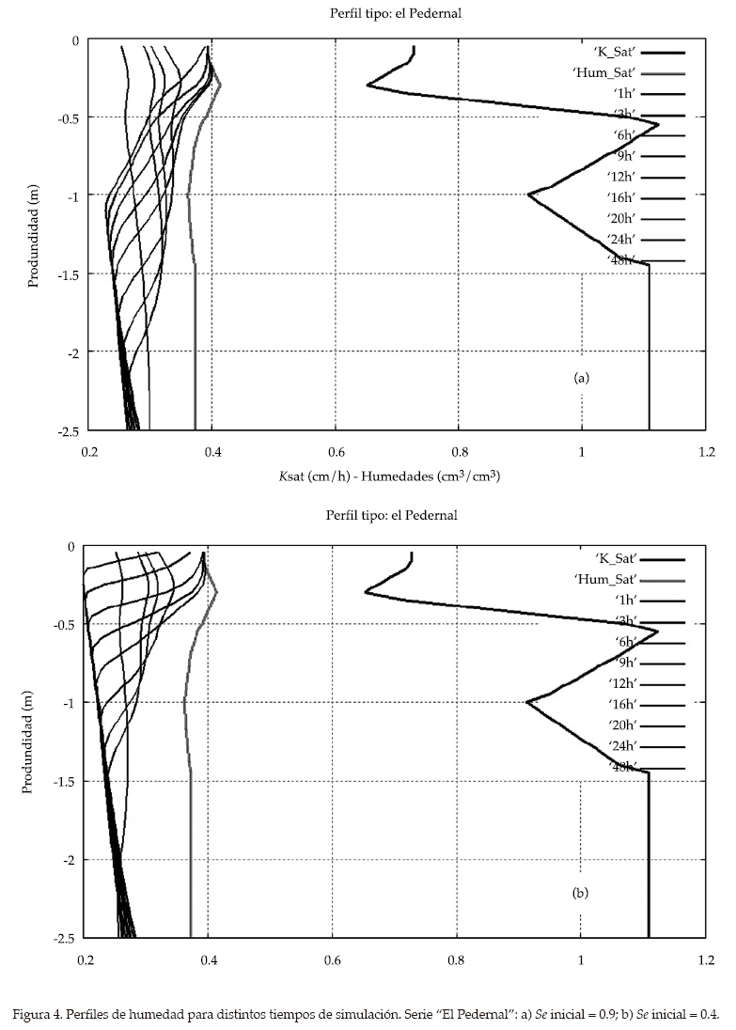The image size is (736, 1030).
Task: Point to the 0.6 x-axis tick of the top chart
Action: (335, 450)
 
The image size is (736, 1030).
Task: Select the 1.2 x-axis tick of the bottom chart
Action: (704, 960)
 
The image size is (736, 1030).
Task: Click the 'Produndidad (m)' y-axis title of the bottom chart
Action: (29, 741)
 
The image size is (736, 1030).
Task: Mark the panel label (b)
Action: (580, 893)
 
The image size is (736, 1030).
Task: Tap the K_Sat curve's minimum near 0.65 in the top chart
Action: (368, 86)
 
